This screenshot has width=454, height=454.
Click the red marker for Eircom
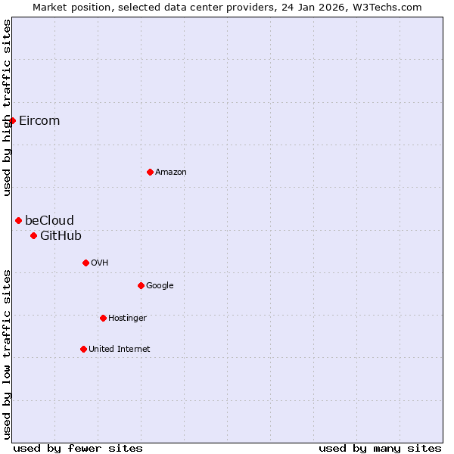click(12, 120)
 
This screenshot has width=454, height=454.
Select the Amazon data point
click(150, 172)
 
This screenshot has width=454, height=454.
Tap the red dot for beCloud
click(18, 220)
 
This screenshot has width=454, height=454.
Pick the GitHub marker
click(33, 235)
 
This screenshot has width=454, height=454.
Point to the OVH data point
click(86, 263)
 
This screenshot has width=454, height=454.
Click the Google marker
click(141, 285)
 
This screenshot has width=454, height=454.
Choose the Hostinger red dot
click(103, 318)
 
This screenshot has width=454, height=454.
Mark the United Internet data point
click(83, 349)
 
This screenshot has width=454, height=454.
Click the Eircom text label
click(39, 121)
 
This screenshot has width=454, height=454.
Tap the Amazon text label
click(171, 173)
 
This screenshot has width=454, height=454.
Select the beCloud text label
click(49, 221)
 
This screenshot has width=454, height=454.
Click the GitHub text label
click(61, 236)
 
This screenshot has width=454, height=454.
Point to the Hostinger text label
click(127, 319)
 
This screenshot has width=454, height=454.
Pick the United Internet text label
click(119, 350)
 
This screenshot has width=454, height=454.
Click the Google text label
click(160, 286)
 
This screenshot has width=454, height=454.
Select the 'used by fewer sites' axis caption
click(78, 448)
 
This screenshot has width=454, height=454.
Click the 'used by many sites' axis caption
click(380, 448)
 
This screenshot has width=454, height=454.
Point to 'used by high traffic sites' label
click(7, 107)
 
